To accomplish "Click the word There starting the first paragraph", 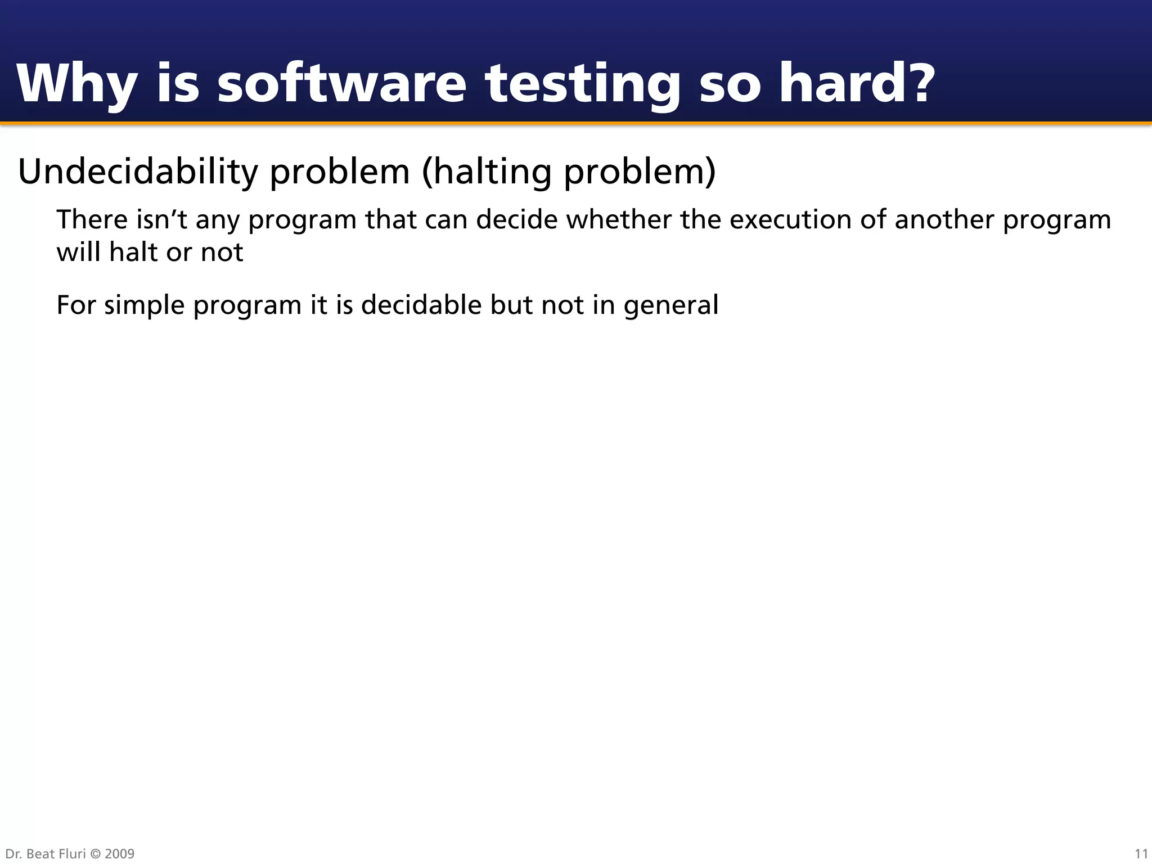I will [x=92, y=219].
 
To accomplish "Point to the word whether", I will [x=618, y=219].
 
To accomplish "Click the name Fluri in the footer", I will [x=72, y=854].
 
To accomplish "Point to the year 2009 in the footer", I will [x=119, y=854].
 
